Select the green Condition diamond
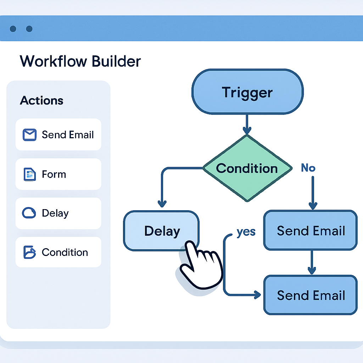tap(247, 168)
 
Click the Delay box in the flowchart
tap(162, 231)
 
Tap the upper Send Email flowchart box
tap(311, 231)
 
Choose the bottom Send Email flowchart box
tap(311, 295)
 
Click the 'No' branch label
tap(308, 168)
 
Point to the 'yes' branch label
tap(246, 231)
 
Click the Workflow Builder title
tap(80, 61)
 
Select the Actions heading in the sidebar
tap(41, 100)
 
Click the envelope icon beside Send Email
tap(30, 135)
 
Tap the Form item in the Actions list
tap(58, 174)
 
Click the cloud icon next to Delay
tap(29, 213)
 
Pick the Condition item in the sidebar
tap(58, 252)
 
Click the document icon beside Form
tap(29, 174)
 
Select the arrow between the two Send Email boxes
tap(312, 262)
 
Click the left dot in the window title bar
tap(13, 29)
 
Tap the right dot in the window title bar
tap(29, 29)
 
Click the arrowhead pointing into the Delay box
tap(162, 204)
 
